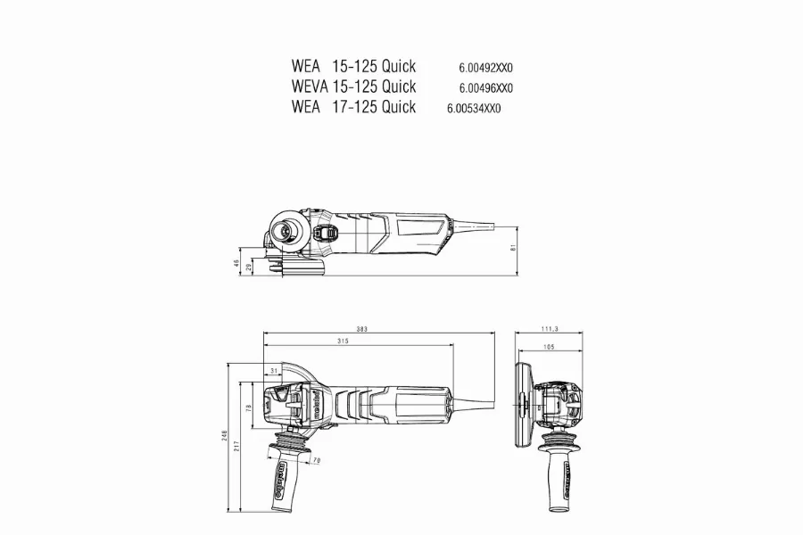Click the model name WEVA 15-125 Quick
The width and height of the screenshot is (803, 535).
(x=353, y=86)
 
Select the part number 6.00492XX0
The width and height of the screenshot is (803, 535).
(x=485, y=67)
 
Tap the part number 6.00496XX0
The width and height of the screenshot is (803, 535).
(x=485, y=87)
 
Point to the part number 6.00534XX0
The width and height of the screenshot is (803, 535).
(x=475, y=108)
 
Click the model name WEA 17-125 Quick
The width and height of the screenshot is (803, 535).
(x=353, y=107)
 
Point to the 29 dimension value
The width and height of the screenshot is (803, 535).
(x=248, y=267)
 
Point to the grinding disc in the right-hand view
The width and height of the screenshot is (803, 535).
(x=521, y=406)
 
